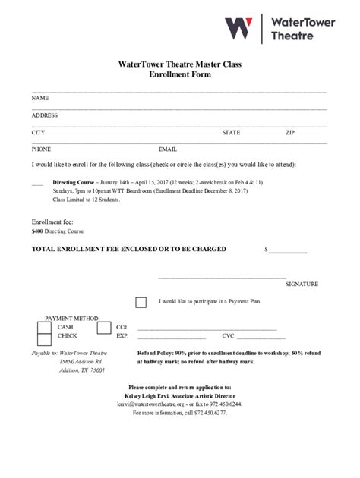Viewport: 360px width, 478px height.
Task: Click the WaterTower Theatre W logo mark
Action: pyautogui.click(x=238, y=30)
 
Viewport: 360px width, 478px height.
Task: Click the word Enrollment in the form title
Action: pyautogui.click(x=169, y=75)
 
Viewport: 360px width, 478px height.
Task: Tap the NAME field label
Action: pyautogui.click(x=40, y=99)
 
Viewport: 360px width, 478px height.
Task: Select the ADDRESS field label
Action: pyautogui.click(x=45, y=115)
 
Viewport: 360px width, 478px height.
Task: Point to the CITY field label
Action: pyautogui.click(x=38, y=133)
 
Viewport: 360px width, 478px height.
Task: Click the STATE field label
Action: pyautogui.click(x=231, y=133)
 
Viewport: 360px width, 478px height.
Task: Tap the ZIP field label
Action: pyautogui.click(x=290, y=133)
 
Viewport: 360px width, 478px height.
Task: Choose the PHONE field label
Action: pyautogui.click(x=42, y=149)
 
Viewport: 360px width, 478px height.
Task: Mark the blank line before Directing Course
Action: pyautogui.click(x=37, y=184)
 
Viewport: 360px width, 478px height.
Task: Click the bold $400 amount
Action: pyautogui.click(x=36, y=231)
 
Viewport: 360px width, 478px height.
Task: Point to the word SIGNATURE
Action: pyautogui.click(x=302, y=284)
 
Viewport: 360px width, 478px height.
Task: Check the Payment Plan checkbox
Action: pyautogui.click(x=141, y=302)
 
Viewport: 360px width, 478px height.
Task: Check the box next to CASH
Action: pyautogui.click(x=44, y=327)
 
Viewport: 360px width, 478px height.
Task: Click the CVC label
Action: pyautogui.click(x=228, y=335)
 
